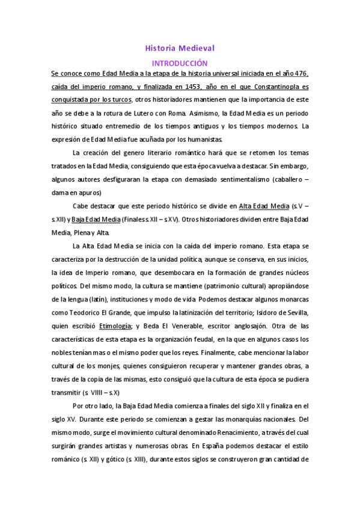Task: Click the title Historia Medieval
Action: pyautogui.click(x=180, y=47)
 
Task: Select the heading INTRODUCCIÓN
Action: pyautogui.click(x=180, y=63)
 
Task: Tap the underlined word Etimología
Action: pyautogui.click(x=115, y=325)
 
